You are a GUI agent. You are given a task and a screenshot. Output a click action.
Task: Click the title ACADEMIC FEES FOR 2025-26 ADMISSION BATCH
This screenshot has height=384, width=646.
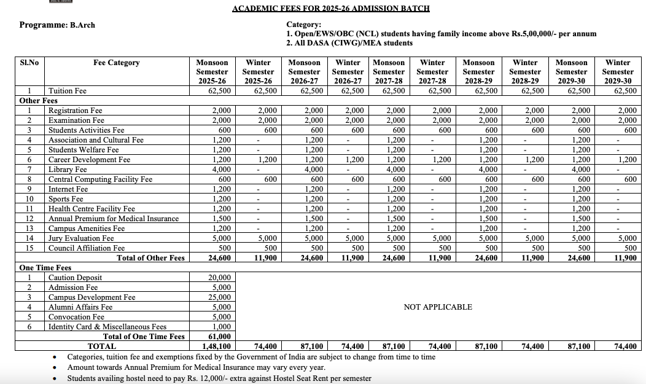click(330, 9)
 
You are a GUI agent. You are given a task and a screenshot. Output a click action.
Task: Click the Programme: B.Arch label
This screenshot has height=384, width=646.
click(57, 25)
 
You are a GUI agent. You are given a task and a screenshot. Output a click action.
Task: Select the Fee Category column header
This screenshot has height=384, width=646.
click(116, 63)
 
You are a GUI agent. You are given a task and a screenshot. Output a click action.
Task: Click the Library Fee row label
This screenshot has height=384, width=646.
click(68, 170)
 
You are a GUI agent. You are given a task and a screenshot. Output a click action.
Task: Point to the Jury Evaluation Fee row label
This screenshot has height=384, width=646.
click(81, 238)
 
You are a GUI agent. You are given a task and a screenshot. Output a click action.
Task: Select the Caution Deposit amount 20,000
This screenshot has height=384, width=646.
click(220, 278)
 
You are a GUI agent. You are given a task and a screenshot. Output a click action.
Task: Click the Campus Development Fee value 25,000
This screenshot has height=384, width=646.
click(220, 297)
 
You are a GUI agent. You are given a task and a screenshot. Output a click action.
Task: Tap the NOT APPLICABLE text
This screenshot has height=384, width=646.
click(437, 307)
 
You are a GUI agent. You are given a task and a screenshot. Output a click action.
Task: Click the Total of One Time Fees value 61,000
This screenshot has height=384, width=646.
click(220, 337)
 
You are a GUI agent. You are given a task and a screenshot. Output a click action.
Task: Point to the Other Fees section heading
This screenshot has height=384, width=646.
click(38, 101)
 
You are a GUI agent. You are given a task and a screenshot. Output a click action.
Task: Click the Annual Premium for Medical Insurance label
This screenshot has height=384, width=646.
click(114, 219)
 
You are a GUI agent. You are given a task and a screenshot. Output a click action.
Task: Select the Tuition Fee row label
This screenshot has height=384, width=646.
click(68, 91)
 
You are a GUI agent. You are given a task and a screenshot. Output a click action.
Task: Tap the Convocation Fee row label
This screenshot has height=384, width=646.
click(76, 317)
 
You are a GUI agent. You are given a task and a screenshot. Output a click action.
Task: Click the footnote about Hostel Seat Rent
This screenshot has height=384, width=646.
click(219, 378)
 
